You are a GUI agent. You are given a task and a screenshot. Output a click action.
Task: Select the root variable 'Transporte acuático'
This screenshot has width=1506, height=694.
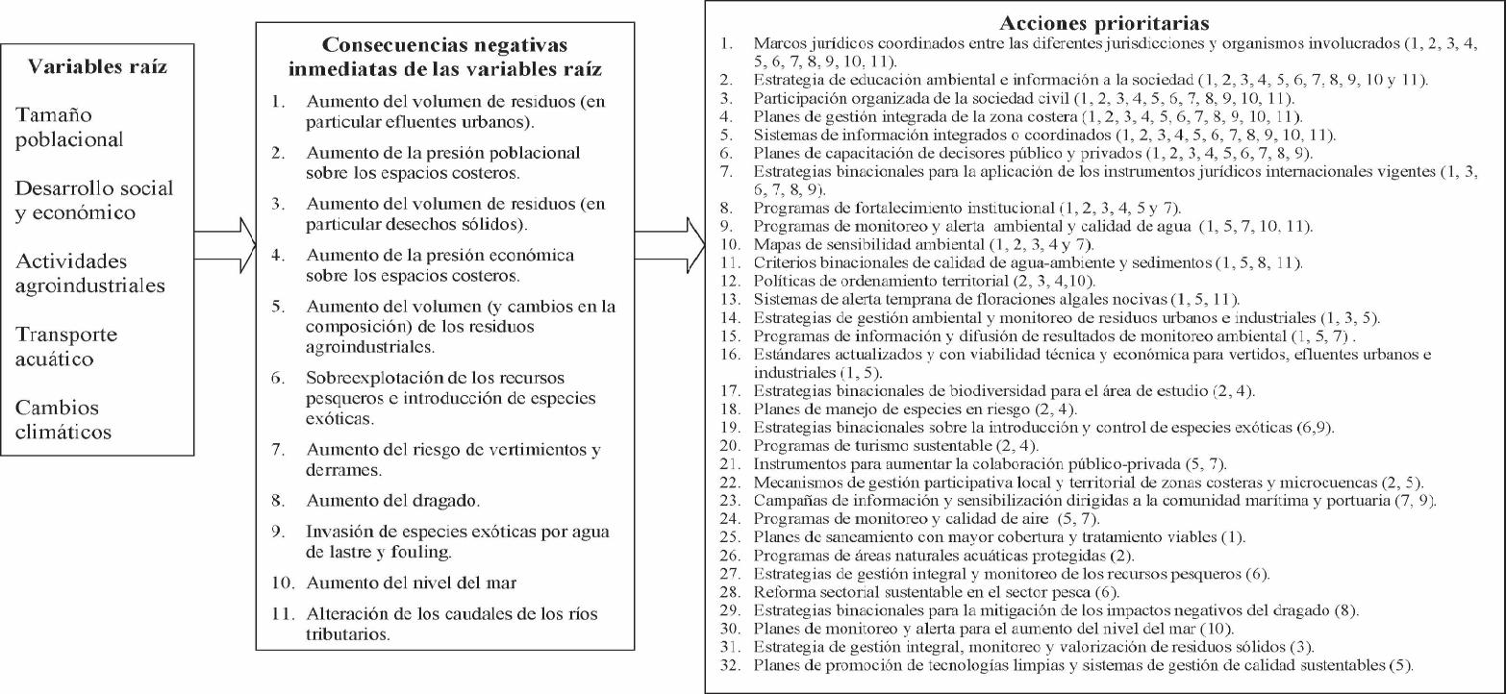coord(66,347)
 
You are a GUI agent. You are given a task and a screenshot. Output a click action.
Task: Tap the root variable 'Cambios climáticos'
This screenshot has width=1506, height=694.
coord(63,419)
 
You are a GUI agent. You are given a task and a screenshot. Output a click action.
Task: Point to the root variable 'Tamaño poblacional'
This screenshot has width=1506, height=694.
coord(69,127)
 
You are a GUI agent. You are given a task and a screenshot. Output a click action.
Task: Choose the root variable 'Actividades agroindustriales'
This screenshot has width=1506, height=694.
coord(90,273)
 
